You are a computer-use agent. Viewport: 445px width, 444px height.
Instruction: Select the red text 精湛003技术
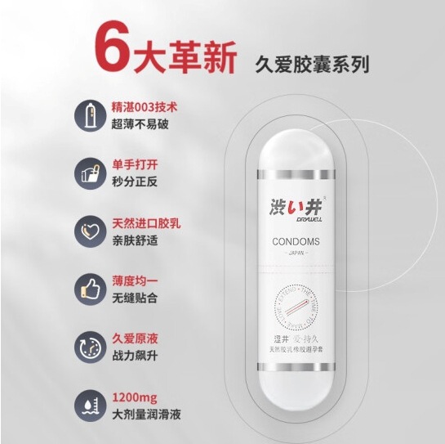[139, 106]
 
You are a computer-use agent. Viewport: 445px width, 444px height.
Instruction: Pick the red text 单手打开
[130, 164]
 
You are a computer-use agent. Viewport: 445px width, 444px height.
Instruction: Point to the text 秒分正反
[130, 180]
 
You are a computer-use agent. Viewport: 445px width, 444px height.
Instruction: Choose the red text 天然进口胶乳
[140, 221]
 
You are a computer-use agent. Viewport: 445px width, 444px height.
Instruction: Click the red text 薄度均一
[130, 279]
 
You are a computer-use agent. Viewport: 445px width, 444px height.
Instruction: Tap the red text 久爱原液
[130, 336]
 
